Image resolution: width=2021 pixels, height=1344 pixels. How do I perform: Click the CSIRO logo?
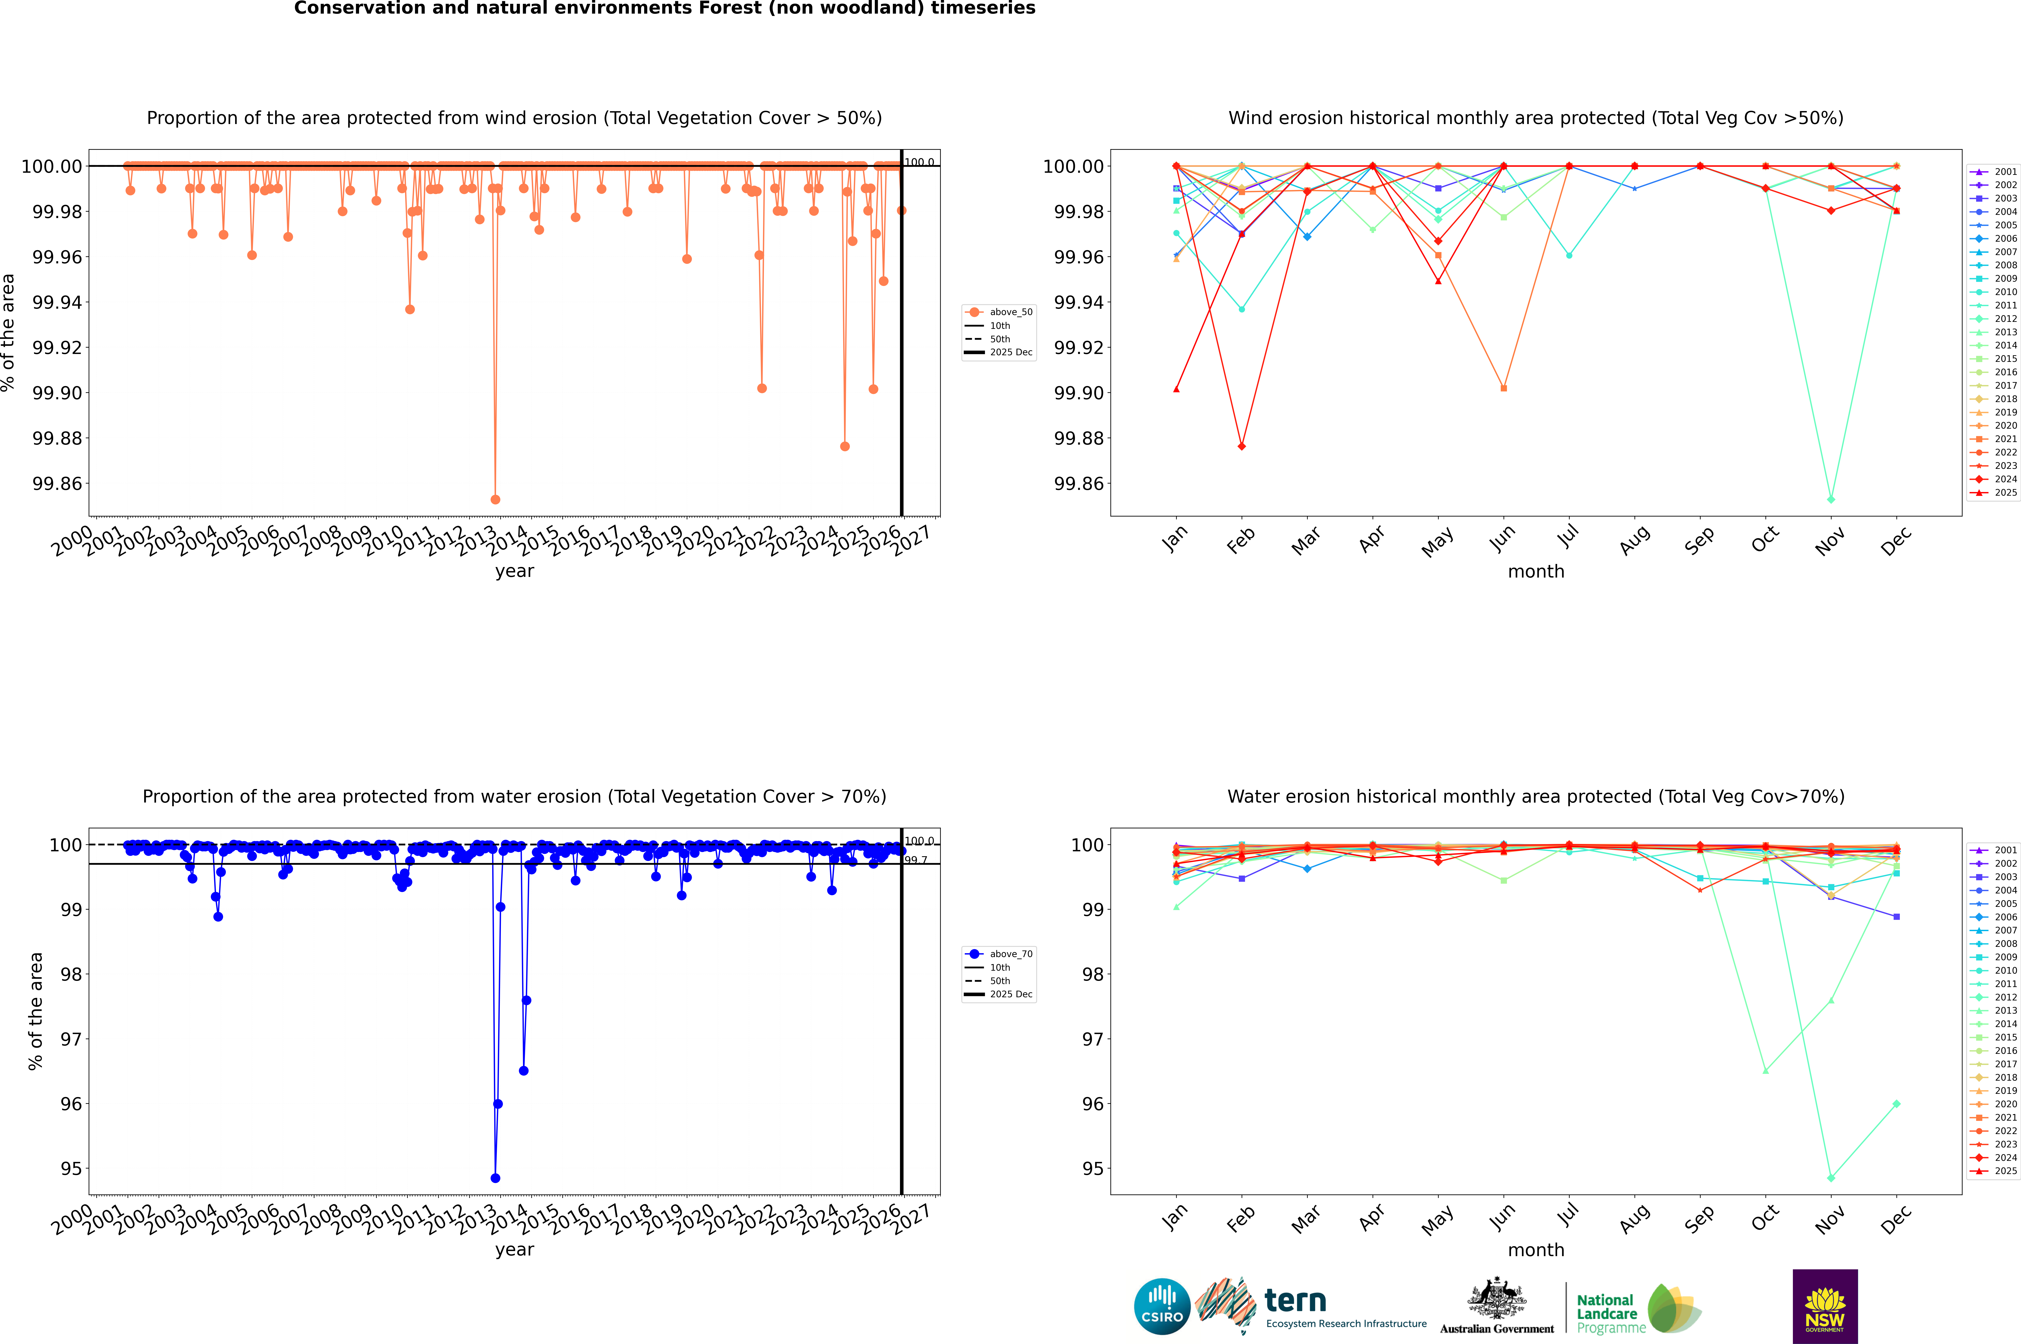pyautogui.click(x=1162, y=1306)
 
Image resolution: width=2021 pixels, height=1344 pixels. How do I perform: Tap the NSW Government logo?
pyautogui.click(x=1825, y=1306)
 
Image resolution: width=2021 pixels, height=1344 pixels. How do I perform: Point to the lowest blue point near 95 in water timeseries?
pyautogui.click(x=495, y=1178)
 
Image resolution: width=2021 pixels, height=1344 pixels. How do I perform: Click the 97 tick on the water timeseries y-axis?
pyautogui.click(x=70, y=1039)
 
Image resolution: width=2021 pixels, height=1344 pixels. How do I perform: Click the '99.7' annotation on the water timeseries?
pyautogui.click(x=916, y=860)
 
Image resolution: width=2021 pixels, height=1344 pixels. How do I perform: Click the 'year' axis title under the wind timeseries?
pyautogui.click(x=514, y=571)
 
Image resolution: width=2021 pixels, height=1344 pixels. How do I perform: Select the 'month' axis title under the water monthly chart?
pyautogui.click(x=1535, y=1250)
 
